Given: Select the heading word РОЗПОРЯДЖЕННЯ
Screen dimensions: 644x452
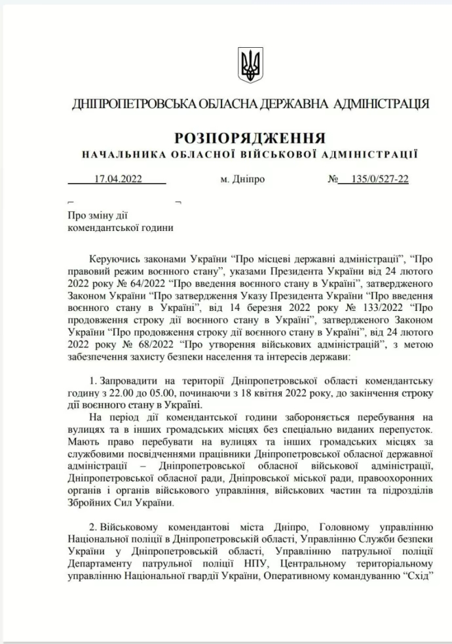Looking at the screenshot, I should [250, 138].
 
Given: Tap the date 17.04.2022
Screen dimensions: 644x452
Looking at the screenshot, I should [118, 179].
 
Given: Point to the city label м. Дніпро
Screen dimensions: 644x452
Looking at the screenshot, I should [243, 179].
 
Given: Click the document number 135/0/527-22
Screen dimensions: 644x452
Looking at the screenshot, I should [380, 179].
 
